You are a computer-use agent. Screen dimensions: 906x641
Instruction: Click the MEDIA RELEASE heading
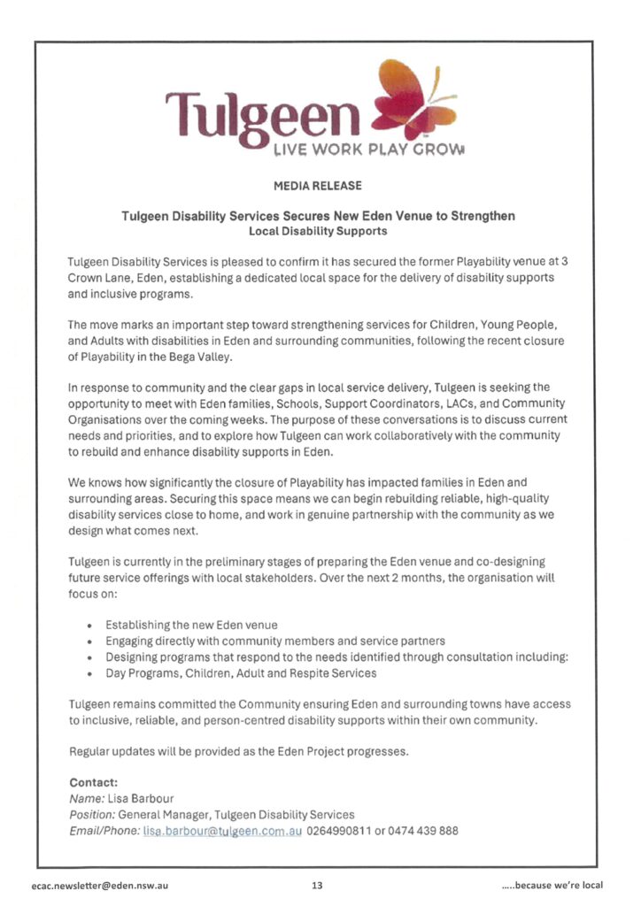pos(320,187)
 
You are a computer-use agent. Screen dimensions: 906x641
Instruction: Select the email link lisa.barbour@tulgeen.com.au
pos(222,831)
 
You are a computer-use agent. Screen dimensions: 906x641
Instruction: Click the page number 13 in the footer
pos(317,884)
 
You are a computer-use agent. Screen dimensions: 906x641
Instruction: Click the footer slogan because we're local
pos(552,884)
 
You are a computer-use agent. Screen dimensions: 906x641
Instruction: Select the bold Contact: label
pos(93,782)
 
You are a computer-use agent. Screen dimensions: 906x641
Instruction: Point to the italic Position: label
pos(91,814)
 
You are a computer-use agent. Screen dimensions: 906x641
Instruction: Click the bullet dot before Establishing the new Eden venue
pos(90,626)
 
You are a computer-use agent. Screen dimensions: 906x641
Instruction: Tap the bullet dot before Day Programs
pos(90,673)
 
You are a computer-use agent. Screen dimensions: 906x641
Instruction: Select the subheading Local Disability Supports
pos(320,231)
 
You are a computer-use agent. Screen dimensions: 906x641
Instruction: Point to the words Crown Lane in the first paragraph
pos(95,277)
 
